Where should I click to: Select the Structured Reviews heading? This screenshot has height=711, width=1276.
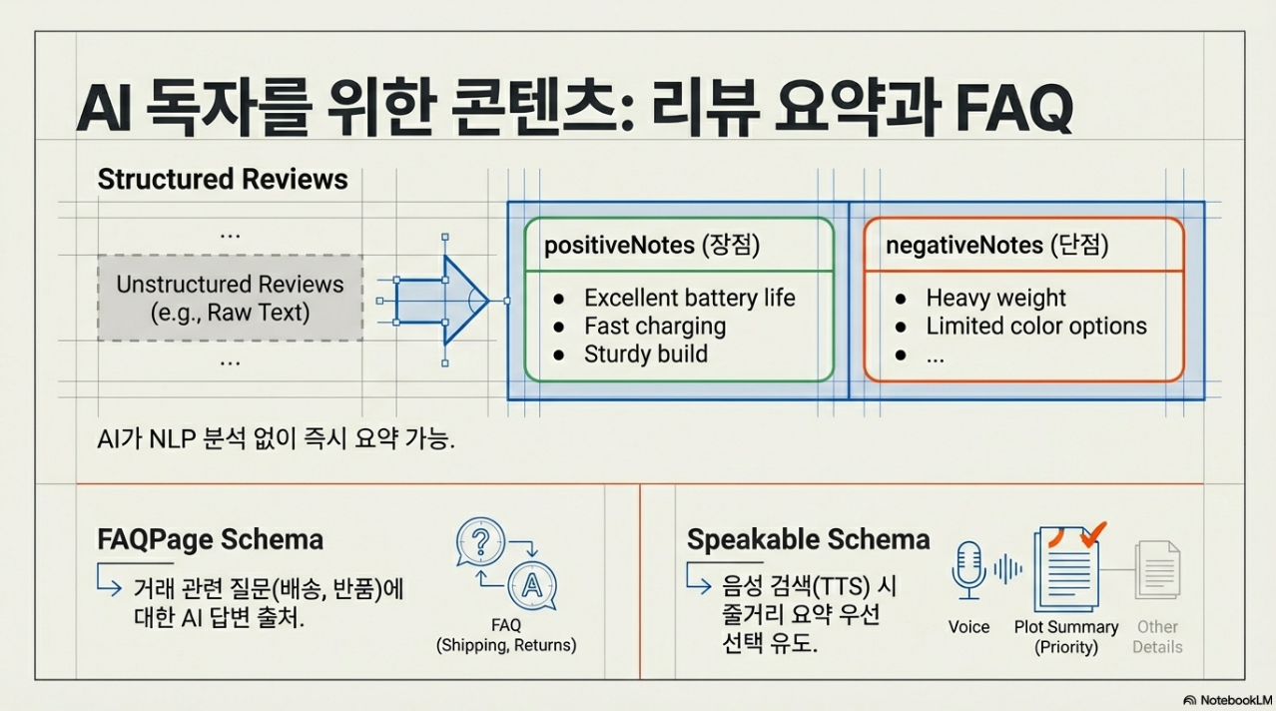(223, 180)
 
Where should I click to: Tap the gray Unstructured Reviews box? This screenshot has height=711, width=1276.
(230, 298)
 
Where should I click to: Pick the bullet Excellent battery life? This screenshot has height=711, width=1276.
(689, 298)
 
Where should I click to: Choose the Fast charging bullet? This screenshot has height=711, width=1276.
(655, 326)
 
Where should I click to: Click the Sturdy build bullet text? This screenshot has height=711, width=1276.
(645, 354)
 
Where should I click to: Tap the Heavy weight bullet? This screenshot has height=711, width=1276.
(995, 298)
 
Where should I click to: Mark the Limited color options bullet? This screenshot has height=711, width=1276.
(1036, 326)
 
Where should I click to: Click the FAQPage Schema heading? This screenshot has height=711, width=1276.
(211, 540)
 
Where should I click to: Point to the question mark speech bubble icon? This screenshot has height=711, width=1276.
(480, 543)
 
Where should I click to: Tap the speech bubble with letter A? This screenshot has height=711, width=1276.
(531, 585)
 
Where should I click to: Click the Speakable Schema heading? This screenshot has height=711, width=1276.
(808, 540)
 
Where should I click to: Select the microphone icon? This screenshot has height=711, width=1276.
(968, 569)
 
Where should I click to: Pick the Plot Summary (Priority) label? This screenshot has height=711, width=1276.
(1066, 637)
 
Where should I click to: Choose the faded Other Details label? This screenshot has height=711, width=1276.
(1157, 637)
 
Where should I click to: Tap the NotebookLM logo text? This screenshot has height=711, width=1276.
(1230, 699)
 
